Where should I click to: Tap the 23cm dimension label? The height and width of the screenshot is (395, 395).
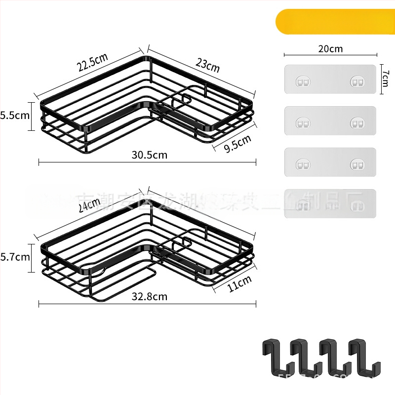coord(207,65)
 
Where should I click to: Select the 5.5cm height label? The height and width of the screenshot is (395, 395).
coord(15,116)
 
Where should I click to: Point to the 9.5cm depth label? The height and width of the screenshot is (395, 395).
coord(237,144)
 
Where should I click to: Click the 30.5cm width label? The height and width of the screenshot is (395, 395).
coord(150,155)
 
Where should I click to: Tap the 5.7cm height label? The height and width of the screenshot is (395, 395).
coord(15,257)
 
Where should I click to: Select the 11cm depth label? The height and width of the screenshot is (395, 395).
coord(239,285)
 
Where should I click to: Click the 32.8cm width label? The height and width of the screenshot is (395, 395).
coord(150,297)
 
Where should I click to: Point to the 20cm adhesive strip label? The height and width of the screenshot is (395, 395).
coord(330,48)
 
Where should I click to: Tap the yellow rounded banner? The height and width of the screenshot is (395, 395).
coord(336,22)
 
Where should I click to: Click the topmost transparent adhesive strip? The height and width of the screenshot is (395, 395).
coord(330,79)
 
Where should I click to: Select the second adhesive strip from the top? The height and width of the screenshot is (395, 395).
coord(330,121)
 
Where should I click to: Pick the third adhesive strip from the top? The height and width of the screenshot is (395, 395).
coord(330,162)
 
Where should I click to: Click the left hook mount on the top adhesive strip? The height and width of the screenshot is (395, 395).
coord(302,80)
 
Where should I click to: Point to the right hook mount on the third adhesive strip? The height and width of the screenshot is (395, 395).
coord(357,163)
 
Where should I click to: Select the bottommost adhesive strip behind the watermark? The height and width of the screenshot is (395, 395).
coord(330,203)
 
